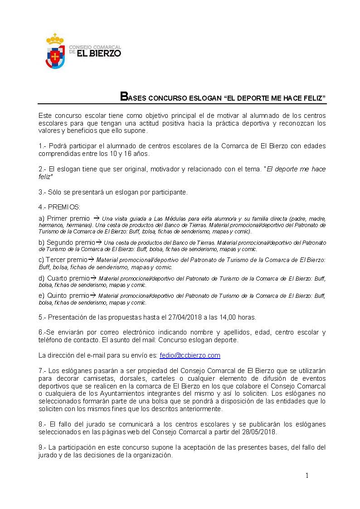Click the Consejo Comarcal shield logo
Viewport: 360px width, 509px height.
(55, 51)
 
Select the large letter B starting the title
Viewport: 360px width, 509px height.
(123, 97)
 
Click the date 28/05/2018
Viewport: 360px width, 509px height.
(260, 432)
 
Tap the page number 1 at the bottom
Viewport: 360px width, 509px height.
(307, 475)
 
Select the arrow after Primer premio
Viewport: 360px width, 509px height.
(96, 218)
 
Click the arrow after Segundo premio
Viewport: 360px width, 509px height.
(99, 242)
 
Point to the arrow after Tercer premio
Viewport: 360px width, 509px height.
(91, 260)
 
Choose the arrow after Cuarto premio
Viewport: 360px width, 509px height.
(93, 278)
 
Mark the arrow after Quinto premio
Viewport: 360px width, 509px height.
(93, 296)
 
